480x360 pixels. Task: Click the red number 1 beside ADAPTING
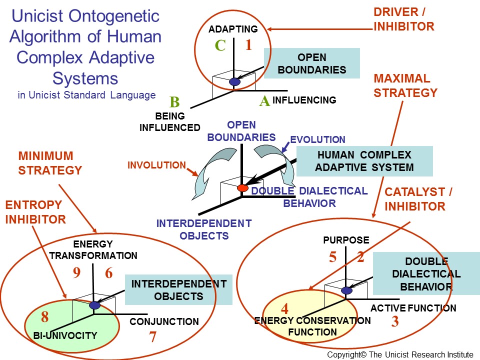click(248, 45)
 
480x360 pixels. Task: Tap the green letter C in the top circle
click(220, 45)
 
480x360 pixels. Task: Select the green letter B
click(174, 102)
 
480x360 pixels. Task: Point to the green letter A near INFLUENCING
click(264, 101)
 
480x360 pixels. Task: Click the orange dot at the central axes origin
click(242, 188)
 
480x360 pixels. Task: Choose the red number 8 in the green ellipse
click(45, 317)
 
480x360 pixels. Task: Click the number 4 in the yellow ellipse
click(284, 307)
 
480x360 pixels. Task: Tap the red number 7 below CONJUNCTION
click(153, 337)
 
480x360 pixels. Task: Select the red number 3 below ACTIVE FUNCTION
click(395, 322)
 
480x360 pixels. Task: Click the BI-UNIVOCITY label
click(65, 335)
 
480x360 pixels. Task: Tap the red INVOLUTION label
click(156, 165)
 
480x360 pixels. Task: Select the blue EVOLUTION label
click(317, 139)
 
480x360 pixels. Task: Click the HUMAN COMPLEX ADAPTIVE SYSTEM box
click(364, 161)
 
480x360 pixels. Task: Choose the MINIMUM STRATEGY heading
click(50, 163)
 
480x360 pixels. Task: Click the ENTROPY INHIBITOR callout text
click(35, 212)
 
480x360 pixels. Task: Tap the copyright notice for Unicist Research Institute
click(400, 354)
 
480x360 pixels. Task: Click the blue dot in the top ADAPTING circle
click(235, 81)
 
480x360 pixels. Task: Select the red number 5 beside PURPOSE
click(332, 257)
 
